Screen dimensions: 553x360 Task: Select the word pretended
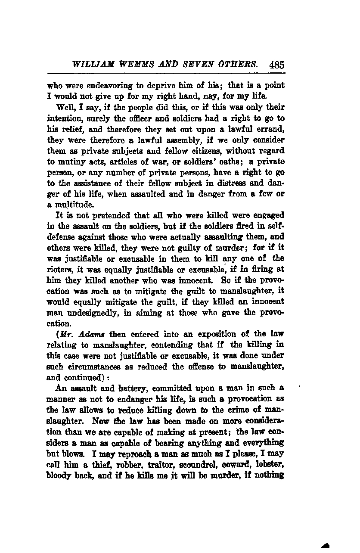pyautogui.click(x=96, y=215)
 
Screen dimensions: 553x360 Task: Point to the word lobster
pyautogui.click(x=269, y=465)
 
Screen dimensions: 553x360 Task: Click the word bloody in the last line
pyautogui.click(x=59, y=475)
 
